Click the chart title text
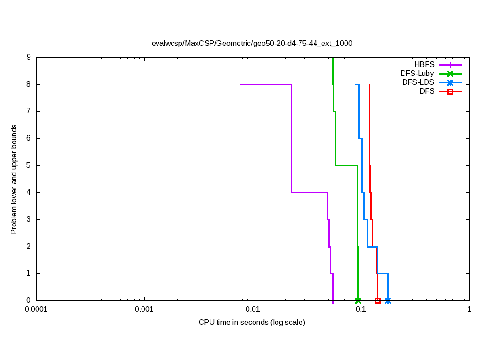[x=252, y=43]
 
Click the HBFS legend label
[x=424, y=65]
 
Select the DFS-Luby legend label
[x=417, y=74]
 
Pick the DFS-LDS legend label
[x=418, y=82]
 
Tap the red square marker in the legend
[x=450, y=91]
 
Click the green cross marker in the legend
[x=450, y=74]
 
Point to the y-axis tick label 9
[x=29, y=57]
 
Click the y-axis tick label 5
[x=29, y=165]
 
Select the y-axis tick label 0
[x=29, y=300]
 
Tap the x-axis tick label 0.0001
[x=36, y=309]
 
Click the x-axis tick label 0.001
[x=144, y=309]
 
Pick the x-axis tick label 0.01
[x=253, y=309]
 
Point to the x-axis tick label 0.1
[x=361, y=309]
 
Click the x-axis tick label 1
[x=469, y=309]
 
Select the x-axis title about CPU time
[x=252, y=322]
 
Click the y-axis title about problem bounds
[x=14, y=179]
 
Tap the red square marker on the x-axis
[x=377, y=300]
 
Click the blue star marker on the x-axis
[x=388, y=300]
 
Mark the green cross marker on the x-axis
[x=358, y=300]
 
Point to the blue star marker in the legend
[x=450, y=82]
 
